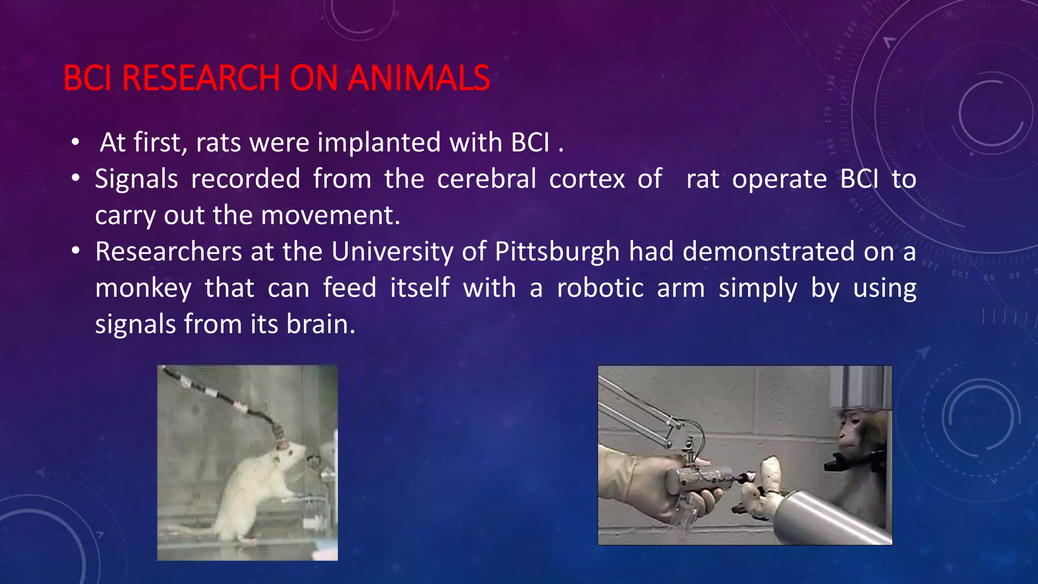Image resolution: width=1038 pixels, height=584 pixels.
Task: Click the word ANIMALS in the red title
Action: click(x=419, y=78)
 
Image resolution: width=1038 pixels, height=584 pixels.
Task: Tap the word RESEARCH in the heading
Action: click(x=201, y=78)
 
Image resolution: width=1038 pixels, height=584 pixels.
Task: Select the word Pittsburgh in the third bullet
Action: click(x=557, y=252)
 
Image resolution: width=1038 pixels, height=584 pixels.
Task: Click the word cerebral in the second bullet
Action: click(x=487, y=179)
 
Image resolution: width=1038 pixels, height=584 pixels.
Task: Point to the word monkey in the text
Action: click(x=143, y=288)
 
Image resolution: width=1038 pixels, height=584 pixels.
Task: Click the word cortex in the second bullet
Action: click(x=587, y=179)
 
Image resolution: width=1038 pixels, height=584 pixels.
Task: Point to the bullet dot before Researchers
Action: click(x=76, y=251)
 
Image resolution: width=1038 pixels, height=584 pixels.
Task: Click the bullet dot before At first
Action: click(x=76, y=142)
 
